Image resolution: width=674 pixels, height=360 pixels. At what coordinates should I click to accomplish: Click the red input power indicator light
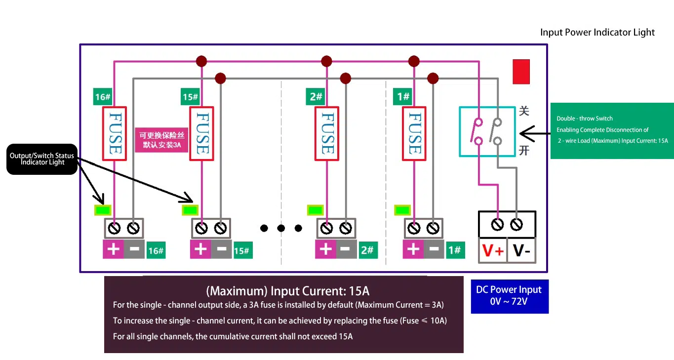pyautogui.click(x=521, y=72)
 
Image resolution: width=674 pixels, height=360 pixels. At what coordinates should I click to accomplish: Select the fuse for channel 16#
pyautogui.click(x=115, y=134)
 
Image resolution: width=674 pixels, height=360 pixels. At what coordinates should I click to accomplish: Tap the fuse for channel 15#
pyautogui.click(x=202, y=134)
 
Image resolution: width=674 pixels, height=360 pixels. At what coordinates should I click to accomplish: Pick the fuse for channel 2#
pyautogui.click(x=327, y=134)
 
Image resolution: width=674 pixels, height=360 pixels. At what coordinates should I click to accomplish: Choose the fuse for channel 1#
pyautogui.click(x=414, y=134)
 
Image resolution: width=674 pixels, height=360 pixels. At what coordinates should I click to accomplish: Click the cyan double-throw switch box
pyautogui.click(x=487, y=131)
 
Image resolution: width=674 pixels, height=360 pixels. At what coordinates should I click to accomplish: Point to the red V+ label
pyautogui.click(x=493, y=251)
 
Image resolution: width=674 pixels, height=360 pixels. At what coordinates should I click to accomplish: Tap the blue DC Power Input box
pyautogui.click(x=509, y=295)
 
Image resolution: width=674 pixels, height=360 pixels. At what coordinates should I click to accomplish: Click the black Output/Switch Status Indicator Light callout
pyautogui.click(x=42, y=159)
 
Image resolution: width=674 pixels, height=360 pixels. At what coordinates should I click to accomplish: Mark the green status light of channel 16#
pyautogui.click(x=103, y=210)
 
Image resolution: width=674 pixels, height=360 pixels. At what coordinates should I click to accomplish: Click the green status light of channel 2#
pyautogui.click(x=315, y=210)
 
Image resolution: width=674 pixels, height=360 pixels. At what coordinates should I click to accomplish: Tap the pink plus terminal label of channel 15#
pyautogui.click(x=200, y=249)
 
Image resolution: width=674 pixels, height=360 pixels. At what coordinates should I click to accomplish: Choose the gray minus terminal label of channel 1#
pyautogui.click(x=434, y=249)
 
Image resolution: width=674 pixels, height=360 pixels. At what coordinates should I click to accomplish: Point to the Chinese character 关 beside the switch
pyautogui.click(x=524, y=111)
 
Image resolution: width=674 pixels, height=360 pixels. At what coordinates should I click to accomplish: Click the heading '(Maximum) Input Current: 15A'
pyautogui.click(x=287, y=290)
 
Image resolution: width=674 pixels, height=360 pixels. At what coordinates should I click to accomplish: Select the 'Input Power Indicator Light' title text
pyautogui.click(x=597, y=33)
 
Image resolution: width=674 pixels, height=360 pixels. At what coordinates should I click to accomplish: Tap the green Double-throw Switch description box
pyautogui.click(x=612, y=130)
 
